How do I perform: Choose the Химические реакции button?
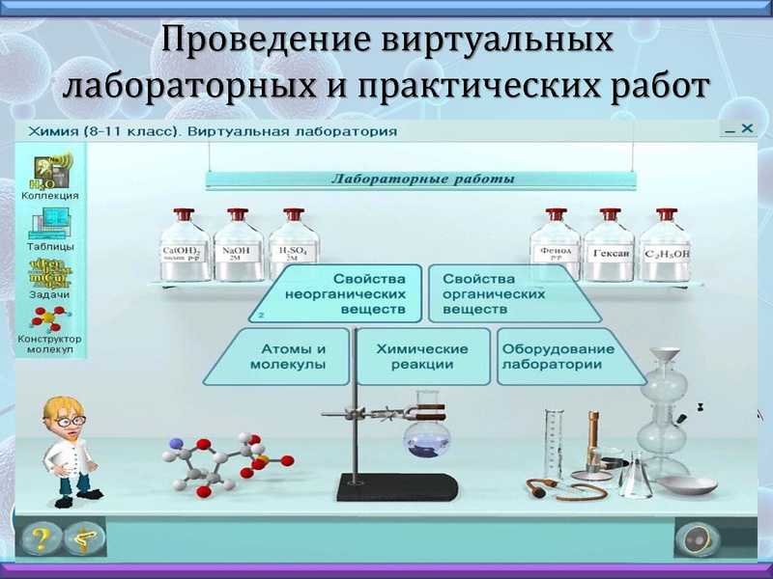coord(423,357)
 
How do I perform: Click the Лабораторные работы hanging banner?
coord(423,179)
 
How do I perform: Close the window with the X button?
coord(746,127)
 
